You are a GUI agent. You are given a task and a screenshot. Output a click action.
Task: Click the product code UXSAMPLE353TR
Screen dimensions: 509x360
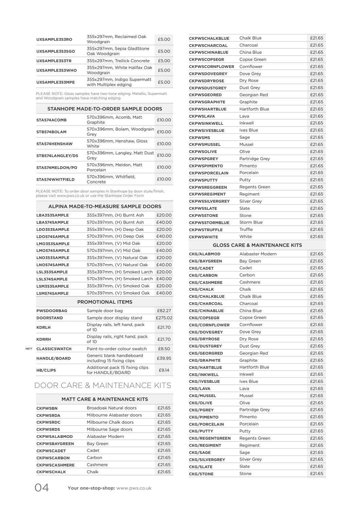(54, 61)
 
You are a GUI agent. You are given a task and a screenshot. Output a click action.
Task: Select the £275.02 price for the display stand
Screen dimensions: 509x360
(164, 318)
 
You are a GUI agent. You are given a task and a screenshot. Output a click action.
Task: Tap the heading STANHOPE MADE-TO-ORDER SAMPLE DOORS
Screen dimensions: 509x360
(104, 109)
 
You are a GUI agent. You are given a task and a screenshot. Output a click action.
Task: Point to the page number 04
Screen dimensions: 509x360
(42, 488)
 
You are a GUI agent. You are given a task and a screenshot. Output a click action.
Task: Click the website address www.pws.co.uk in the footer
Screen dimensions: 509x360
(134, 488)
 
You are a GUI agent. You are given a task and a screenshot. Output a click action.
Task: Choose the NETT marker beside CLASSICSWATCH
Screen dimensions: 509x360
(29, 349)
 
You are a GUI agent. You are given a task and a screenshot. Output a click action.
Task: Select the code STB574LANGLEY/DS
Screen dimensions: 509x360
(57, 156)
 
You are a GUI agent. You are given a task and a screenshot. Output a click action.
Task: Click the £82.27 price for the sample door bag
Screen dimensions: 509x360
(164, 311)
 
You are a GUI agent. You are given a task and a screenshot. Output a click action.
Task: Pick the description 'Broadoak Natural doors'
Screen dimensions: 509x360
(112, 408)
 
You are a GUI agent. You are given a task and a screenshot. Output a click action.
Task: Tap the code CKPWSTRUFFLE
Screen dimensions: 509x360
(206, 230)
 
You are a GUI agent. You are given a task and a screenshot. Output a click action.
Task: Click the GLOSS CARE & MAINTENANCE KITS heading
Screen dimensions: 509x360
(257, 245)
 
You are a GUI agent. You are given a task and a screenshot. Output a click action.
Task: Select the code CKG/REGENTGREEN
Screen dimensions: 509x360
(210, 439)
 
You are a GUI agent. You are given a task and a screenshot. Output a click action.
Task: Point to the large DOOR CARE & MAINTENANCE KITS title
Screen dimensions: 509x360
(103, 386)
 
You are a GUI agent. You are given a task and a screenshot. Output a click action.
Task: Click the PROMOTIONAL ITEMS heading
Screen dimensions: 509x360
(104, 302)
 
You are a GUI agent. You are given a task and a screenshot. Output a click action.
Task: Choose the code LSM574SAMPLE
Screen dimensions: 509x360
(52, 293)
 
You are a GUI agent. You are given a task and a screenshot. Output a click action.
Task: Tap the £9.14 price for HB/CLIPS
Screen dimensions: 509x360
(164, 370)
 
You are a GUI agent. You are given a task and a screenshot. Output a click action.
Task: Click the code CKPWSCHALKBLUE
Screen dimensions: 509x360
(209, 38)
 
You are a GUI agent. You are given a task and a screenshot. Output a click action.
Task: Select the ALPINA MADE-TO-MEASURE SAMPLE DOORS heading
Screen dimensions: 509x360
(104, 206)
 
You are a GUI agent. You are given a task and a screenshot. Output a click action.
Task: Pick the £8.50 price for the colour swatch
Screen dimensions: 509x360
(164, 349)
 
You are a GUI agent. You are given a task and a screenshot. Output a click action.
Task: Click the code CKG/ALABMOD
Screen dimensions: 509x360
(204, 254)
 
